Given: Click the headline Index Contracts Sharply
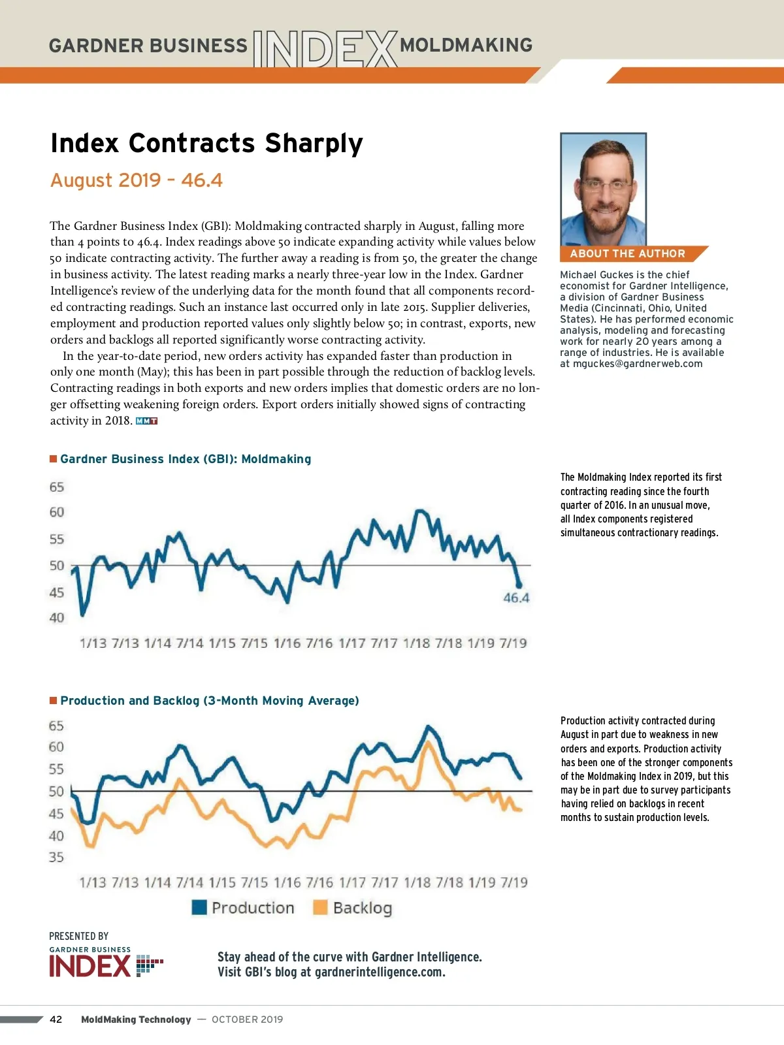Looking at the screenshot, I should (x=206, y=143).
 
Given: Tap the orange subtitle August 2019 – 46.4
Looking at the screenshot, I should (x=137, y=180).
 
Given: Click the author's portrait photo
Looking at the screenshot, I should (x=603, y=189).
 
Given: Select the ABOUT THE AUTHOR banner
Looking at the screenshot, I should (x=627, y=253).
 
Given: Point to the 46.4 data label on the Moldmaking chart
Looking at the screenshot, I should (x=516, y=598).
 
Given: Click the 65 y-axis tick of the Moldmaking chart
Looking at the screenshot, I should (x=57, y=487).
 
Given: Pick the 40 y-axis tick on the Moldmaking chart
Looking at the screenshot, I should (x=57, y=618).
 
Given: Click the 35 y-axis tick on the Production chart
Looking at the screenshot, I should (x=57, y=857).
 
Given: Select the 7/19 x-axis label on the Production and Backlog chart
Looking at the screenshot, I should (x=514, y=882).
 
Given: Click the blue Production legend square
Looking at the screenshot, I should (x=199, y=907).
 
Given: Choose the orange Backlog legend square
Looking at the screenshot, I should (x=320, y=907).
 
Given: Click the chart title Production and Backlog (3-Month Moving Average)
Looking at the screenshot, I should (x=210, y=701).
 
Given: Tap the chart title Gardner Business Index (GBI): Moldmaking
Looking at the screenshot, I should (x=186, y=459).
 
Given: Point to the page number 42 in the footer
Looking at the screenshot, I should (x=56, y=1020).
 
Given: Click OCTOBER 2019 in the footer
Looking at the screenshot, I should (x=247, y=1020).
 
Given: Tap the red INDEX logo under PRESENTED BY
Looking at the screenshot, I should (x=90, y=966).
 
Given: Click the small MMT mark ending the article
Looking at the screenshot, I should (x=147, y=421).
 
